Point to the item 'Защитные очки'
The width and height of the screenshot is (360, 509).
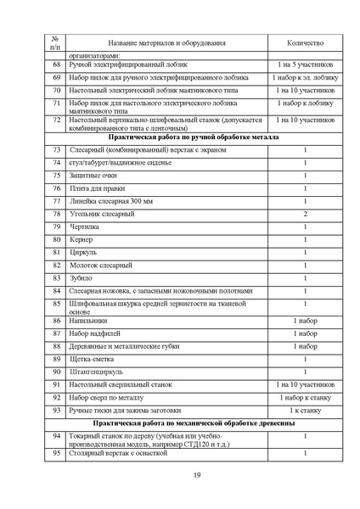(x=93, y=175)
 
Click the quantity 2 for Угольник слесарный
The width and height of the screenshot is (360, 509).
(x=305, y=214)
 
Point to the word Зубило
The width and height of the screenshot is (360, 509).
(x=82, y=277)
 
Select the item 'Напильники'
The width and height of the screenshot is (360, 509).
(x=89, y=321)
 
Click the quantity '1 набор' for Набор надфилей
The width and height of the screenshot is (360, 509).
(x=305, y=333)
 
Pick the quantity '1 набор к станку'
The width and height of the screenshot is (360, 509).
(x=305, y=397)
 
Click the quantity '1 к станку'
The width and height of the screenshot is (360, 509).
(x=305, y=410)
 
